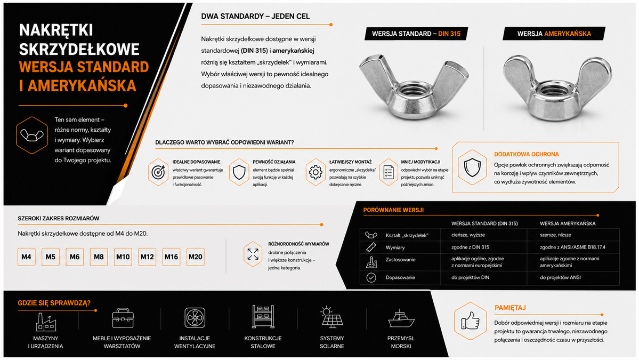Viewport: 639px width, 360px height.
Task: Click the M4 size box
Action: [x=26, y=257]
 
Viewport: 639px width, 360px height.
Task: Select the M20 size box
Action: [x=195, y=257]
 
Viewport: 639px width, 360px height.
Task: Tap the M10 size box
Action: [x=123, y=257]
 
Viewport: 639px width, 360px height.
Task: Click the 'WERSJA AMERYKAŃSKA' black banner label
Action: [x=554, y=34]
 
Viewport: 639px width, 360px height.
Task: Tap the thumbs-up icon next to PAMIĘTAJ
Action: [x=470, y=321]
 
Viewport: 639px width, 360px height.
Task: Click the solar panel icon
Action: [x=331, y=317]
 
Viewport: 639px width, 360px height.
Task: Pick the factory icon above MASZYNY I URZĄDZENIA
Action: [x=46, y=321]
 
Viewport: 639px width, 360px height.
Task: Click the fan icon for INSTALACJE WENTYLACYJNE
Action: [x=195, y=317]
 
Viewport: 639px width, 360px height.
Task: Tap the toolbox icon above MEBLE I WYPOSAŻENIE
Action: [x=123, y=318]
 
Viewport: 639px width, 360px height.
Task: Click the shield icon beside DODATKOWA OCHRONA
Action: [x=472, y=167]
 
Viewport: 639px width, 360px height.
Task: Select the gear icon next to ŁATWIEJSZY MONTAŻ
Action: [x=316, y=172]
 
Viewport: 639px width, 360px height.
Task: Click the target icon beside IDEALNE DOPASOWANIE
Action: [x=158, y=172]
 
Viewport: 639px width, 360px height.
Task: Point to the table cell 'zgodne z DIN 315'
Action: [x=470, y=247]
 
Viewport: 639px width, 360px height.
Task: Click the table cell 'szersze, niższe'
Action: [x=555, y=235]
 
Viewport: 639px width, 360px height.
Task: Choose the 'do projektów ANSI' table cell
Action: [x=560, y=277]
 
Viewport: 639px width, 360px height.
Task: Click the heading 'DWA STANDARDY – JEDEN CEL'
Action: [x=255, y=17]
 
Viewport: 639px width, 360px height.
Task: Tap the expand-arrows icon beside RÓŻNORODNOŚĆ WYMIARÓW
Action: [x=253, y=254]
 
